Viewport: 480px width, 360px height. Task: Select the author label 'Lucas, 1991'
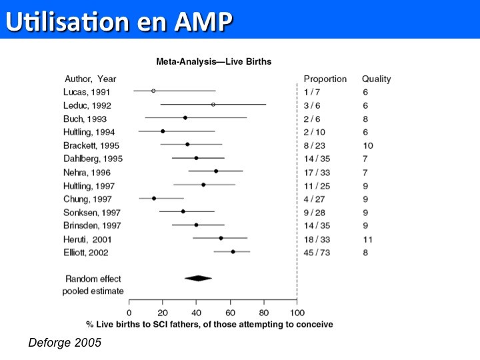[87, 92]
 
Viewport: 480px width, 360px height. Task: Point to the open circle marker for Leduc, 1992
[213, 105]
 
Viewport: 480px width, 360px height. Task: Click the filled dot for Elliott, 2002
[233, 252]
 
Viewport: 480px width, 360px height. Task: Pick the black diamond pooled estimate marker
[198, 278]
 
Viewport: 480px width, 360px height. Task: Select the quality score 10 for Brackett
[367, 145]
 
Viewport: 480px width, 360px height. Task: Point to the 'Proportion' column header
[325, 79]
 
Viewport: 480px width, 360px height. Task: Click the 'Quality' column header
[376, 79]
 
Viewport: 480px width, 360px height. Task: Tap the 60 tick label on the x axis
[230, 313]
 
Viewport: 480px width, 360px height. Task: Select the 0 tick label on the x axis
[129, 313]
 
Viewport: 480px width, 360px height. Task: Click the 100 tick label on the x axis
[297, 313]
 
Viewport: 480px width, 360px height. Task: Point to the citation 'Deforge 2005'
[65, 343]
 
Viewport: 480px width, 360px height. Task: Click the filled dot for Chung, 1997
[154, 198]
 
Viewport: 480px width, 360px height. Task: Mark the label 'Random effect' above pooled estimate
[93, 279]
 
